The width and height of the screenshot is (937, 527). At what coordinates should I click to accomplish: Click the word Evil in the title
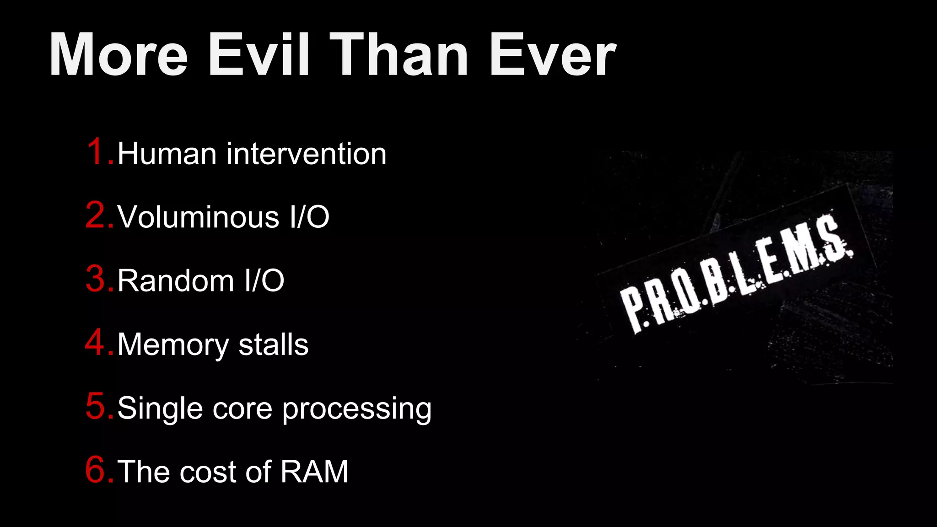(x=259, y=55)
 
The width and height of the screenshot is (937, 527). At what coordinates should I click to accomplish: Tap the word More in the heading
(x=118, y=55)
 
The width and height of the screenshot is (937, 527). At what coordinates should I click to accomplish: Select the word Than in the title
(x=399, y=55)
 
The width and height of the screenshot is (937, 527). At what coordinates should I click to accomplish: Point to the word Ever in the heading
(x=553, y=55)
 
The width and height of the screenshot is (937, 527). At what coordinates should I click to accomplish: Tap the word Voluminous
(x=198, y=217)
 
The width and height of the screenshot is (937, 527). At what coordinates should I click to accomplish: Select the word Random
(x=176, y=280)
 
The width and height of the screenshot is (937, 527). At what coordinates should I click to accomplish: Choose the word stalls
(x=274, y=344)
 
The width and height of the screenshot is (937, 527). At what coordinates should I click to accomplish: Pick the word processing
(x=357, y=409)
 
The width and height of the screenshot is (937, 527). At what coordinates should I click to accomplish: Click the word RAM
(x=314, y=472)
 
